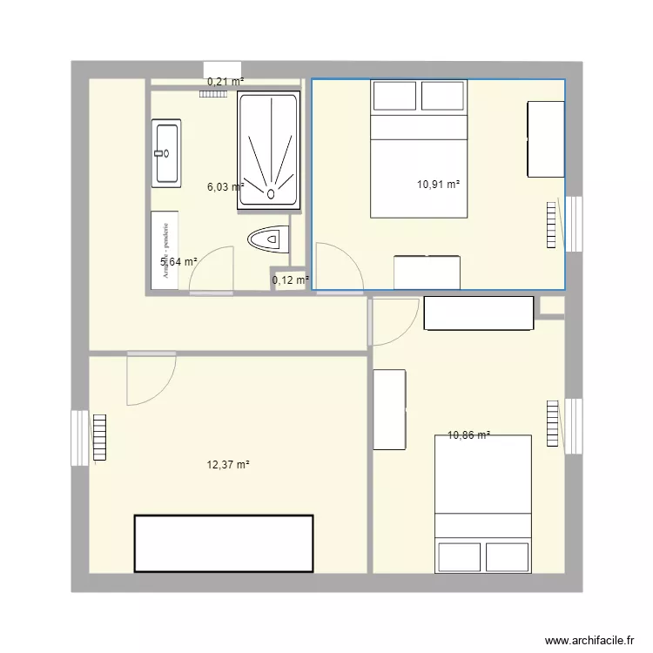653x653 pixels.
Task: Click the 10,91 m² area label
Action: pos(438,184)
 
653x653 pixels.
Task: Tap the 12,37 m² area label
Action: pos(228,465)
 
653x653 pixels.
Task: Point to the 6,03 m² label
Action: pos(225,185)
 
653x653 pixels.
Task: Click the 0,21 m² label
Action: pos(225,82)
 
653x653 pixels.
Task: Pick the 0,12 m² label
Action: pos(291,280)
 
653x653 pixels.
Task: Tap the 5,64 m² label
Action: pos(178,261)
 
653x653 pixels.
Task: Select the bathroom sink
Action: pos(165,154)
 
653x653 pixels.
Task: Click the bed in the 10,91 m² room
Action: pos(419,148)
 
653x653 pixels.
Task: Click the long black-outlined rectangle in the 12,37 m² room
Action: pos(223,543)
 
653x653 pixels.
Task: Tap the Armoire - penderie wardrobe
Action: pos(165,250)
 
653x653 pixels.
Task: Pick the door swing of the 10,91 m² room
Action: pos(336,266)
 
